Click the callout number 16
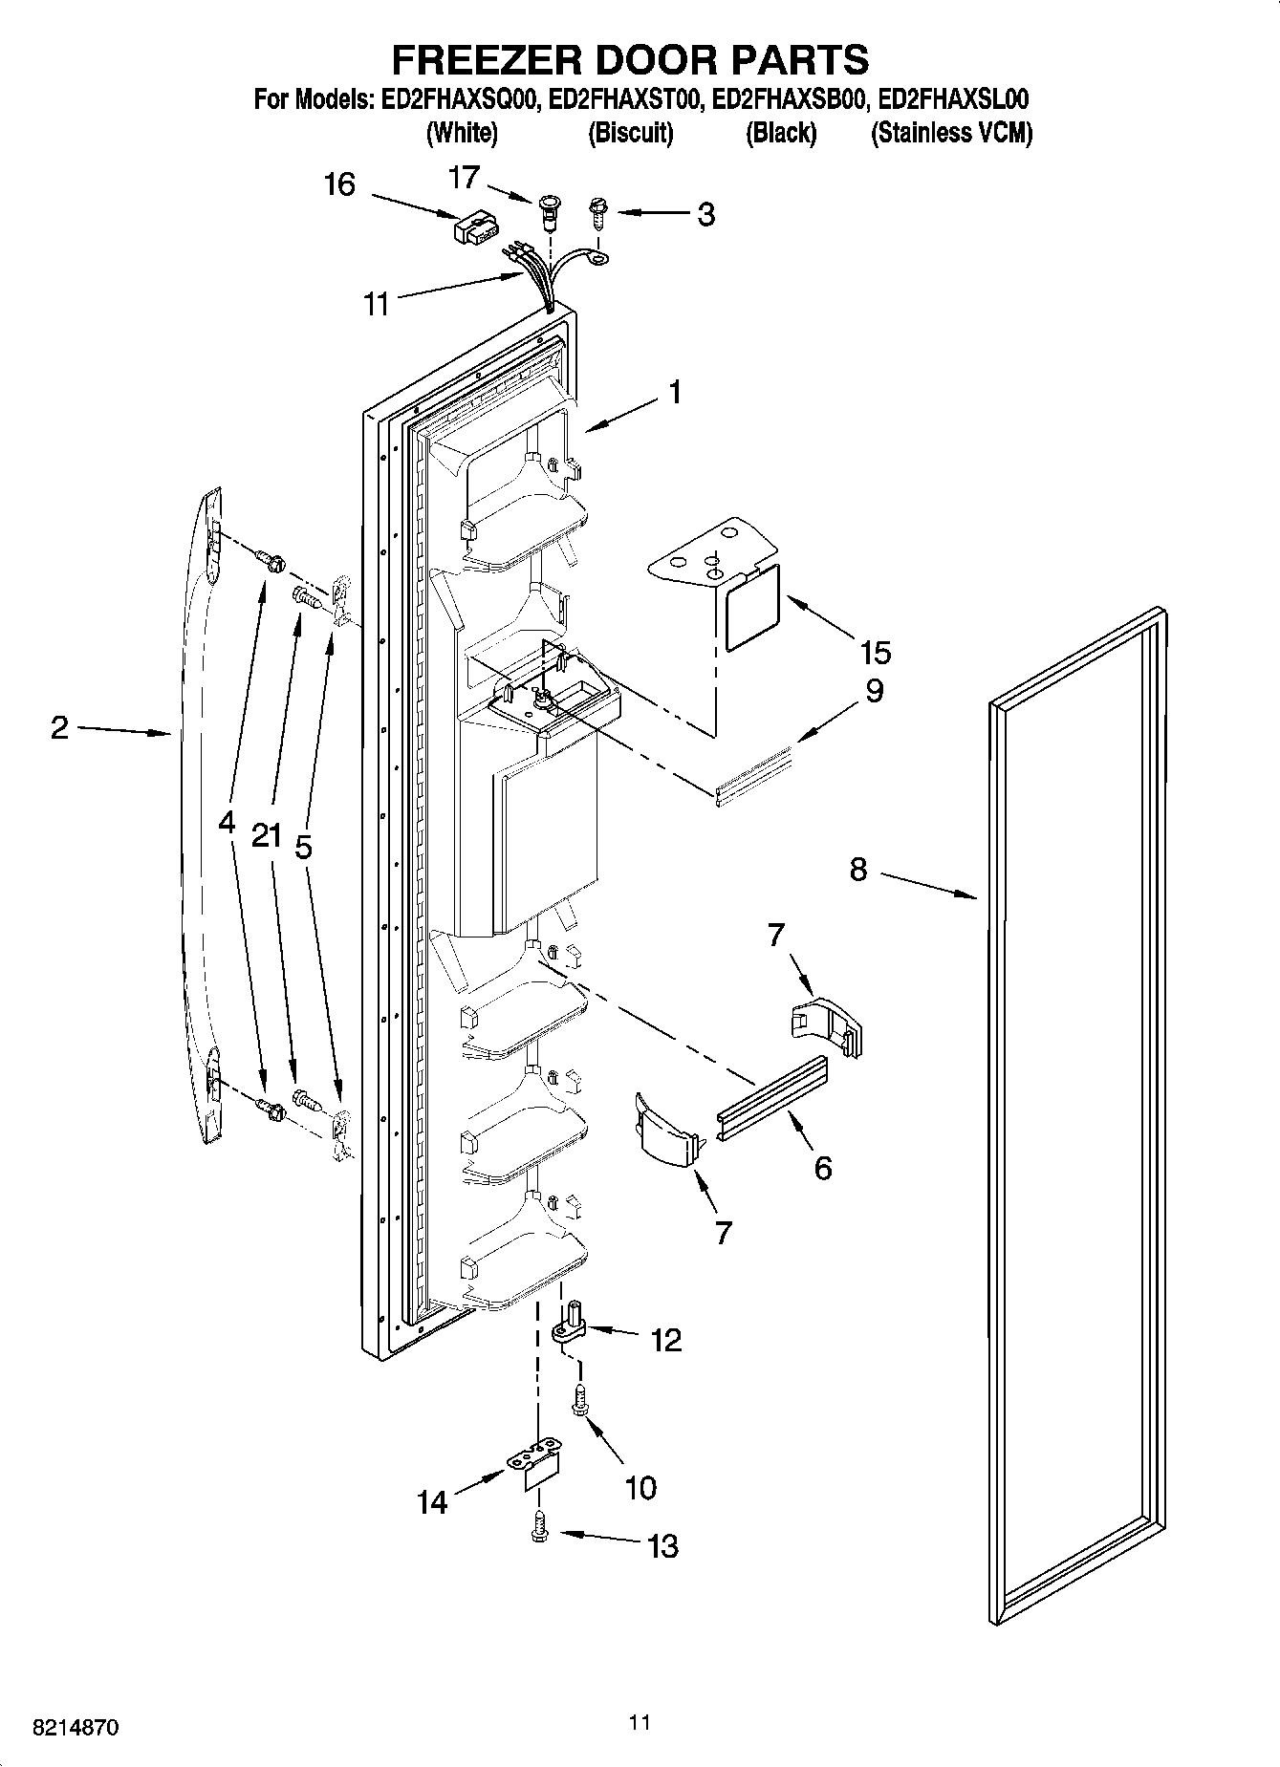pyautogui.click(x=339, y=183)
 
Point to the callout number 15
pyautogui.click(x=875, y=653)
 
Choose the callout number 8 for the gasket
pyautogui.click(x=857, y=870)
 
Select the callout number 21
pyautogui.click(x=267, y=835)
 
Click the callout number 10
pyautogui.click(x=640, y=1487)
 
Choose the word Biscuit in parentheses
pyautogui.click(x=630, y=133)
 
